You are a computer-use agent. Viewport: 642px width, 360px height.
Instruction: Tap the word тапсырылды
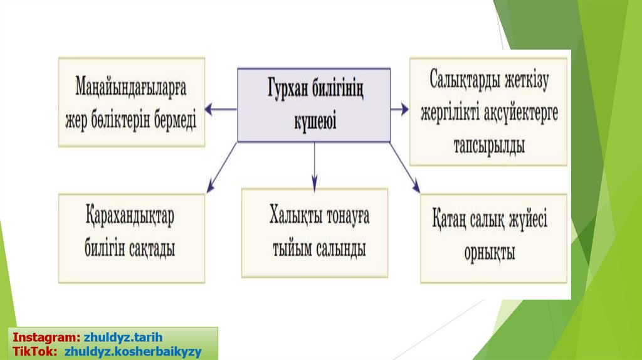[x=488, y=146]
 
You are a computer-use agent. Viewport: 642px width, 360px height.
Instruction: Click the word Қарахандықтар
[x=130, y=220]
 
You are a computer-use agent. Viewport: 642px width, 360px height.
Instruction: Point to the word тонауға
[x=347, y=216]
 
